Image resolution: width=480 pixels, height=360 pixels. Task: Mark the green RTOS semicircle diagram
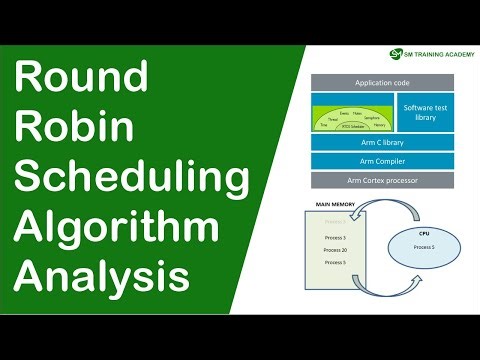pyautogui.click(x=350, y=119)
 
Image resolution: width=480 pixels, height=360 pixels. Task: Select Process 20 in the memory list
pyautogui.click(x=336, y=250)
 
